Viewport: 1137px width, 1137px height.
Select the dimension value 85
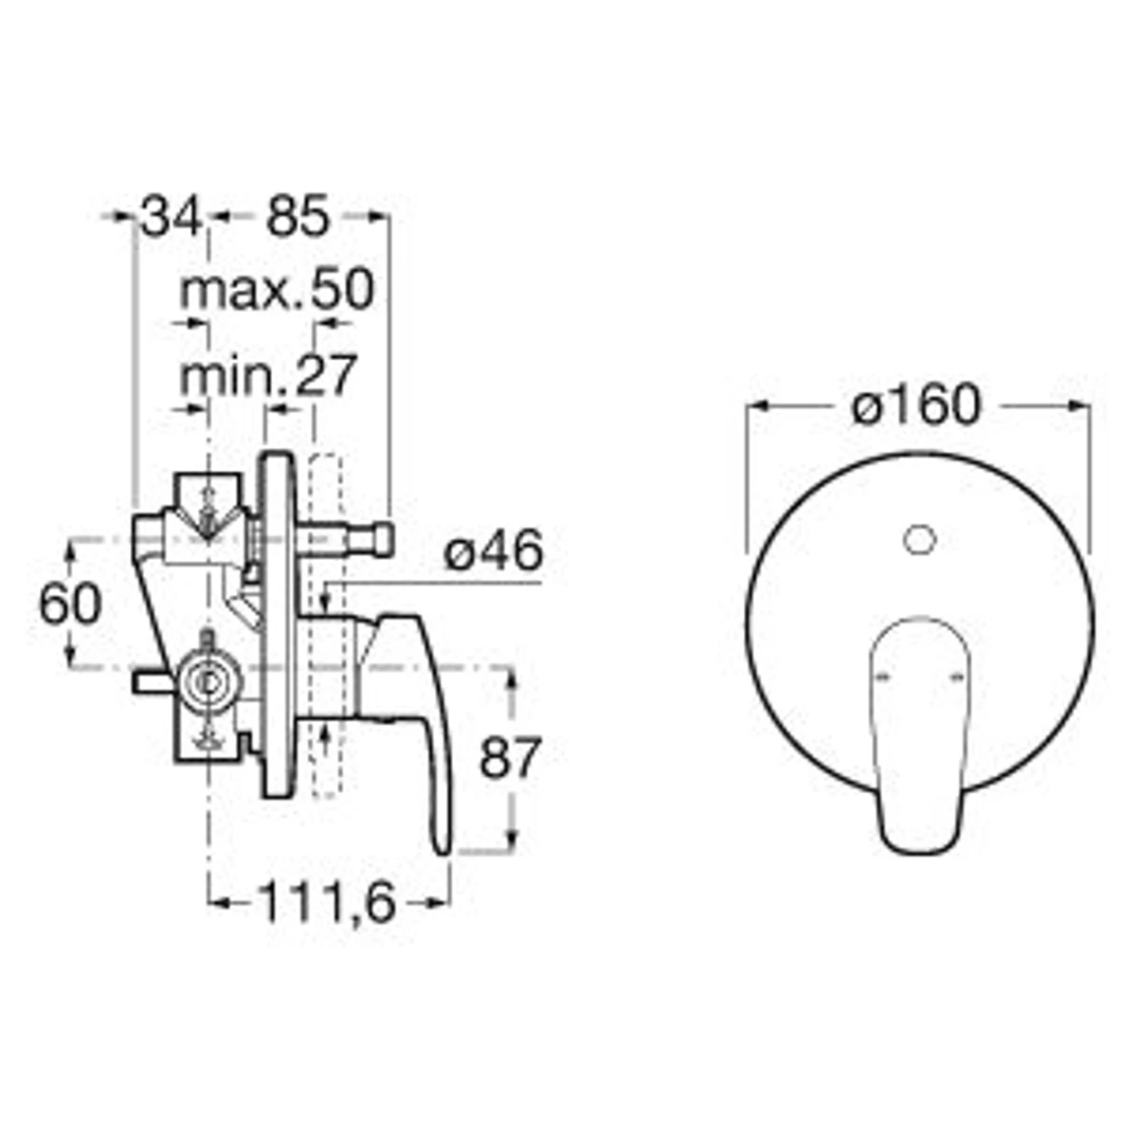pyautogui.click(x=297, y=217)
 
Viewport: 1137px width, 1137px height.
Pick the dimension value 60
pyautogui.click(x=70, y=605)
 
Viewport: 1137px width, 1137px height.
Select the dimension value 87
pyautogui.click(x=510, y=758)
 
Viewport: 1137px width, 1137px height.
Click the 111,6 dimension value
pyautogui.click(x=327, y=902)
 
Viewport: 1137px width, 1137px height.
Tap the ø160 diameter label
pyautogui.click(x=916, y=405)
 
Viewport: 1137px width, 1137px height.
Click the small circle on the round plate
pyautogui.click(x=920, y=540)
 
